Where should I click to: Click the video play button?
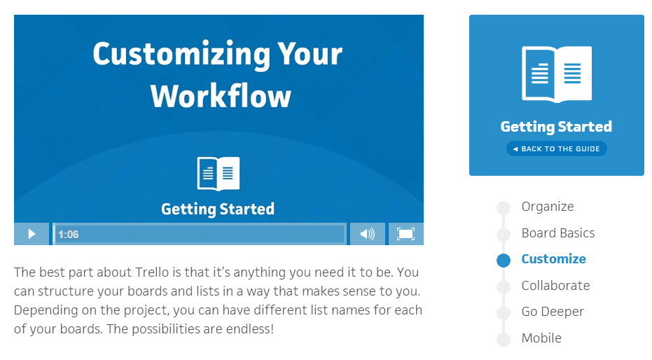tap(32, 234)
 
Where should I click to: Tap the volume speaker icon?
tap(367, 234)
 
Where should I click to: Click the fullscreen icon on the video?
tap(406, 234)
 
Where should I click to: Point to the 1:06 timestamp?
tap(68, 235)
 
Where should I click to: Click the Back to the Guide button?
tap(556, 148)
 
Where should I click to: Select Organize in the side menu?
tap(548, 207)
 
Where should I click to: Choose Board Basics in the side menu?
tap(558, 233)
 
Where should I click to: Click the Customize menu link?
tap(553, 259)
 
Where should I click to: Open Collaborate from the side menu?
tap(555, 286)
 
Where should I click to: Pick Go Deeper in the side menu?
tap(553, 312)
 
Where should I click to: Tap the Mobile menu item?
tap(541, 338)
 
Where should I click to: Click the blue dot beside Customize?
tap(504, 261)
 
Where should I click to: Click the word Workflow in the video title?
tap(221, 96)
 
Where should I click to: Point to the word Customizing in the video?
tap(181, 55)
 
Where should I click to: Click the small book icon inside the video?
tap(219, 174)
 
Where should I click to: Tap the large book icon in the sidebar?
tap(557, 74)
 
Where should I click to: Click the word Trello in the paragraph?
tap(153, 272)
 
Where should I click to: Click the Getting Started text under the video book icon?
tap(218, 209)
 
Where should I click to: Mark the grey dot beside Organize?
tap(504, 208)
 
